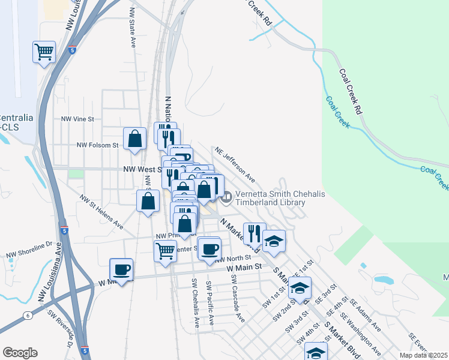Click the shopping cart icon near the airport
pos(44,52)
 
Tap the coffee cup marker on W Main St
pos(121,269)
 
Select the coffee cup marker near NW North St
pos(209,248)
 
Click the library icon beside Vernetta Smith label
pos(227,196)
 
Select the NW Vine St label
pos(78,119)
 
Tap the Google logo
pos(20,353)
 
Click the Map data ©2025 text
pos(423,355)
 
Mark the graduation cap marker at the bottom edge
pos(316,352)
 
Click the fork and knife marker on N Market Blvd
pos(254,233)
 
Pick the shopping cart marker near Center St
pos(165,251)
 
